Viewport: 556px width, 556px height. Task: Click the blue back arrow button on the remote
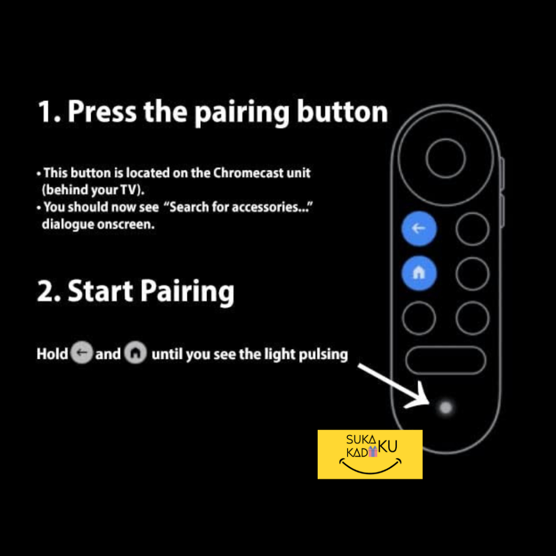pos(419,229)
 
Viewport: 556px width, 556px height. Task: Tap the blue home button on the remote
pos(419,273)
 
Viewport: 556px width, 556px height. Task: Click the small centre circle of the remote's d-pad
pos(445,158)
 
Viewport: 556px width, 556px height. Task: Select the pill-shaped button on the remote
pos(445,361)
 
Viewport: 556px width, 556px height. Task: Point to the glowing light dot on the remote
pos(445,407)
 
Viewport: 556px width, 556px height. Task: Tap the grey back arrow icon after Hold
pos(82,353)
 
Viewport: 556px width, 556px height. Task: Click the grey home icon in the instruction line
pos(135,353)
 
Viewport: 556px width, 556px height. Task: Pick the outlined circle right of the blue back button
pos(472,229)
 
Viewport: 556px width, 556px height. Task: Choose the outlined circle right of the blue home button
pos(472,274)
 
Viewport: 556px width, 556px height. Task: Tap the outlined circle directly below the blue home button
pos(419,318)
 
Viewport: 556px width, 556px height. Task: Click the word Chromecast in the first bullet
pos(244,173)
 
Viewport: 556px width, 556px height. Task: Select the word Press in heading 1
pos(102,111)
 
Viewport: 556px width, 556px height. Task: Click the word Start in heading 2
pos(100,291)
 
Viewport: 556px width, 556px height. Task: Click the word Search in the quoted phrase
pos(189,207)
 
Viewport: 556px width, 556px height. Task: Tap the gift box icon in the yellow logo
pos(372,451)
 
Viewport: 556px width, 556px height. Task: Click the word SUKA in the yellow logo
pos(361,440)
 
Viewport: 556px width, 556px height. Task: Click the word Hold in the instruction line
pos(52,353)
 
